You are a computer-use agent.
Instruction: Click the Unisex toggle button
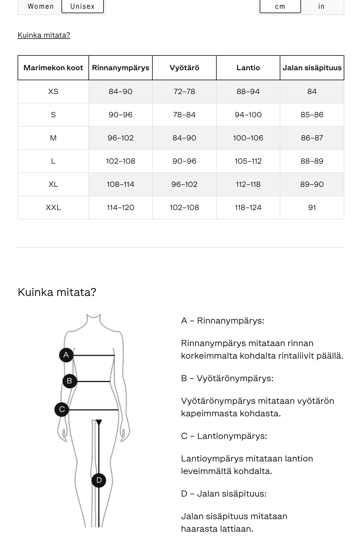[x=82, y=6]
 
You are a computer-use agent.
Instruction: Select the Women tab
[x=40, y=6]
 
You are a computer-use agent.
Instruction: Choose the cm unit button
[x=280, y=6]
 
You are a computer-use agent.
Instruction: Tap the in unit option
[x=321, y=6]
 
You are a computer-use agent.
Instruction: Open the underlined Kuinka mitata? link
[x=44, y=35]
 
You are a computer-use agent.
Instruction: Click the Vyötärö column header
[x=184, y=68]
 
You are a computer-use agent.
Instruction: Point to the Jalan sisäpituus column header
[x=312, y=68]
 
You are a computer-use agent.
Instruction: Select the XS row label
[x=53, y=92]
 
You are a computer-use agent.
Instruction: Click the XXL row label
[x=53, y=208]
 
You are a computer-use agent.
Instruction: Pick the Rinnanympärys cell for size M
[x=120, y=138]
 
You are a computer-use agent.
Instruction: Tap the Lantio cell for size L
[x=248, y=161]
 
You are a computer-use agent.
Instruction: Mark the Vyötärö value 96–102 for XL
[x=184, y=184]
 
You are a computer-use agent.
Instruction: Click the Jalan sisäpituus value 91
[x=312, y=208]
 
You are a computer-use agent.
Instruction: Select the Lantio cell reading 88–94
[x=248, y=92]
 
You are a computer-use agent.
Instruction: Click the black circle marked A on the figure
[x=66, y=355]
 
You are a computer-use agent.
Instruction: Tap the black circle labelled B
[x=70, y=381]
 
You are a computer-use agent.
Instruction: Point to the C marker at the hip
[x=62, y=409]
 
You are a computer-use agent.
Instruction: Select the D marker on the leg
[x=99, y=480]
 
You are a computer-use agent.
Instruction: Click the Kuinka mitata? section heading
[x=57, y=292]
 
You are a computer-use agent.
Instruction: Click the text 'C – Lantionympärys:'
[x=224, y=436]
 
